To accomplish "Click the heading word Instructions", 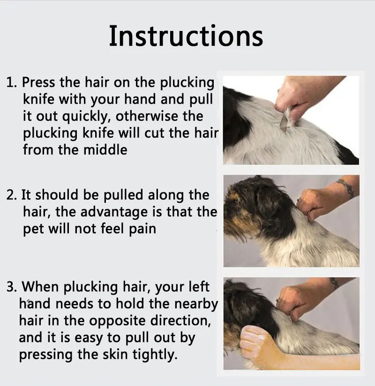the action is [x=186, y=36].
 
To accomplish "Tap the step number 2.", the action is [x=11, y=195].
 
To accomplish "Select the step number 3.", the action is [x=11, y=287].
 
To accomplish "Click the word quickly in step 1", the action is [x=86, y=117].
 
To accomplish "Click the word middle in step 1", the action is [x=105, y=150].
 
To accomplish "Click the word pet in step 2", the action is [x=33, y=229].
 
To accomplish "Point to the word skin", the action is [x=115, y=354].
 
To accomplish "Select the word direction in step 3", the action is [x=180, y=320].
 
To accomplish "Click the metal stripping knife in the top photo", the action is [x=284, y=121].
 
